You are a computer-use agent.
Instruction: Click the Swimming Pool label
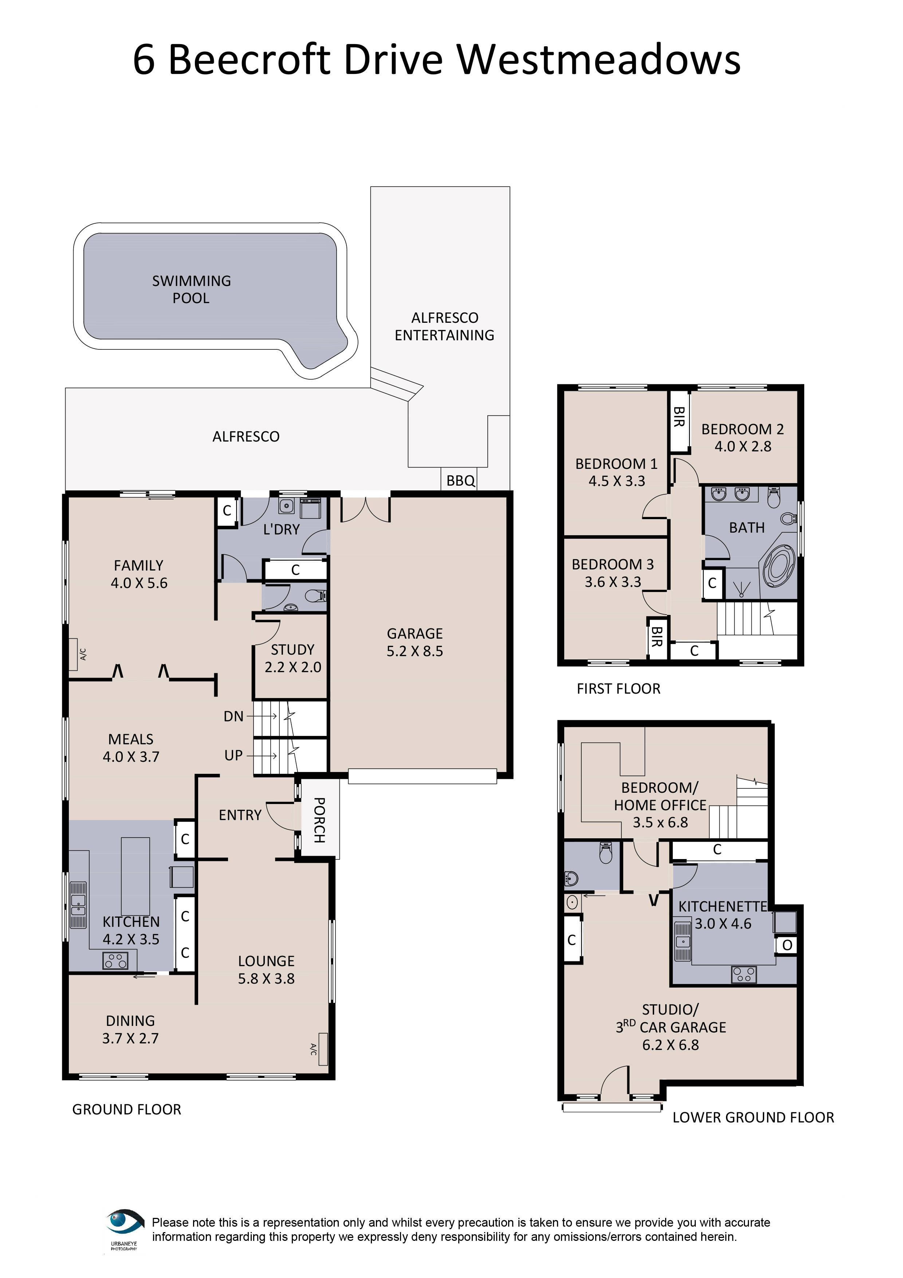(x=191, y=289)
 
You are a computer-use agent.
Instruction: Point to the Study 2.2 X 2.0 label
(x=293, y=658)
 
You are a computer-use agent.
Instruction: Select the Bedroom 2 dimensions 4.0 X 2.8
(x=743, y=446)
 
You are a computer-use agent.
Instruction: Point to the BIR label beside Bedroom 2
(x=679, y=416)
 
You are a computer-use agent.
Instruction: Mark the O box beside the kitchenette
(x=787, y=945)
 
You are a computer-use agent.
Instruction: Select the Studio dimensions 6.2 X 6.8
(x=671, y=1045)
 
